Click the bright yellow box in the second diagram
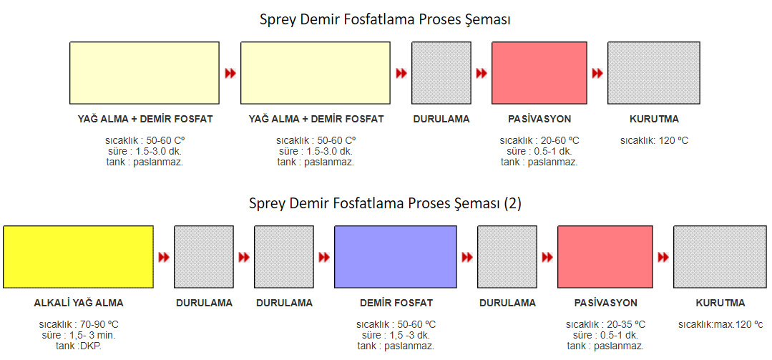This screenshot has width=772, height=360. [78, 256]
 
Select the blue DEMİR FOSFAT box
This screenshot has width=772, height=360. [396, 256]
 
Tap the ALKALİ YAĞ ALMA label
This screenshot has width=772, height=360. [79, 303]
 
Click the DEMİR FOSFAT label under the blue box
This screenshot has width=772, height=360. [396, 303]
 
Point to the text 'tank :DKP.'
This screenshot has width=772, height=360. [79, 346]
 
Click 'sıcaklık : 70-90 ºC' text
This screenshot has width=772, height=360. [79, 324]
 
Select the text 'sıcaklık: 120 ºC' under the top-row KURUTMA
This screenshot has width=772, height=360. [654, 140]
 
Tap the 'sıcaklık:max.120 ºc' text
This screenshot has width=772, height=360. [720, 324]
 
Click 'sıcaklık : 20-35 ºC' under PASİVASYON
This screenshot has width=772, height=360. [605, 324]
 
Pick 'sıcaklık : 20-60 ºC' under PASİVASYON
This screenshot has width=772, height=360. [539, 140]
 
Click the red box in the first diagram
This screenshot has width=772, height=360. [539, 73]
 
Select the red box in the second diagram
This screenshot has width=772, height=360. [605, 256]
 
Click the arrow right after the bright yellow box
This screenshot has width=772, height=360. [164, 257]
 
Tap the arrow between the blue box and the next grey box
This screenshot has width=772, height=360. [467, 257]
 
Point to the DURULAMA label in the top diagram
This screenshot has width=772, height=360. [441, 120]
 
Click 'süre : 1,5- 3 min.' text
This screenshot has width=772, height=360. [79, 336]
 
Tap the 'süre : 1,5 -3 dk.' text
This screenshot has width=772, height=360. [396, 336]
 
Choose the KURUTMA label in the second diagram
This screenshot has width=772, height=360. [720, 303]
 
